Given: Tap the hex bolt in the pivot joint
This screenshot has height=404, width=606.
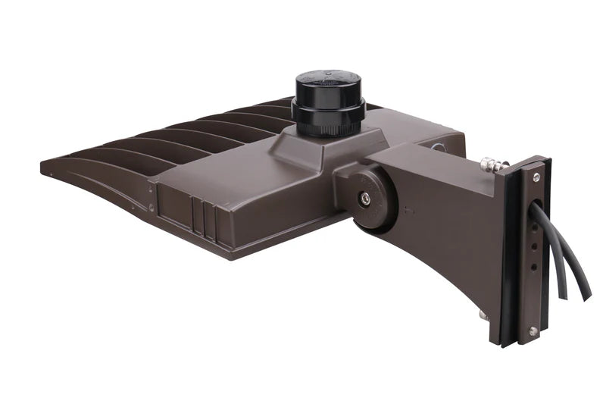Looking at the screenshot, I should click(366, 198).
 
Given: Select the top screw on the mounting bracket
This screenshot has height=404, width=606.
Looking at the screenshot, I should click(536, 177).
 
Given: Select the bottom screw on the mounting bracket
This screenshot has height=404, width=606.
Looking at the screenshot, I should click(533, 331).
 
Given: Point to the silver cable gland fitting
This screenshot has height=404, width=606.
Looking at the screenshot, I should click(489, 163).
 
